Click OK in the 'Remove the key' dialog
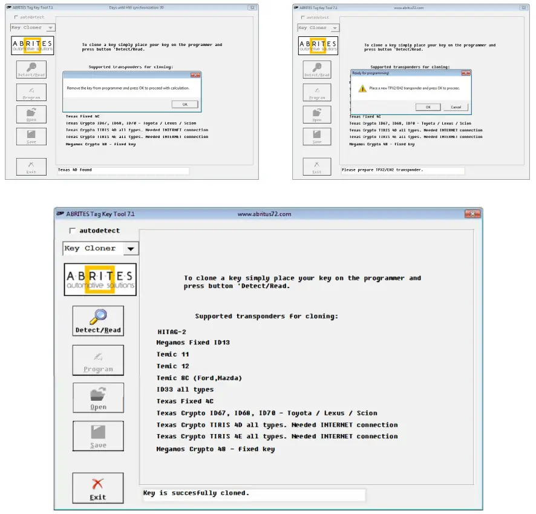[185, 104]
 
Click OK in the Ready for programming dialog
[428, 107]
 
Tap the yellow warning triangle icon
[362, 88]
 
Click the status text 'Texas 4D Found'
[75, 170]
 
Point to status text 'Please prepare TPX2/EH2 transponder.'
[382, 170]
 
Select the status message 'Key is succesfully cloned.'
[196, 493]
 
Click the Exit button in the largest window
[98, 489]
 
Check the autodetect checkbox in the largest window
[73, 231]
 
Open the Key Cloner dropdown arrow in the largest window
[130, 249]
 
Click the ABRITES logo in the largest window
[100, 279]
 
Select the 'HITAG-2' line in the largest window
[172, 331]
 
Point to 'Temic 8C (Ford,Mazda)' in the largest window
[199, 378]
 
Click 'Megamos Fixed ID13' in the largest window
[193, 343]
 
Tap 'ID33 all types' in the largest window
[185, 390]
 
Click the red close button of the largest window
[472, 214]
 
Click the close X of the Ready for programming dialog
[465, 73]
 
